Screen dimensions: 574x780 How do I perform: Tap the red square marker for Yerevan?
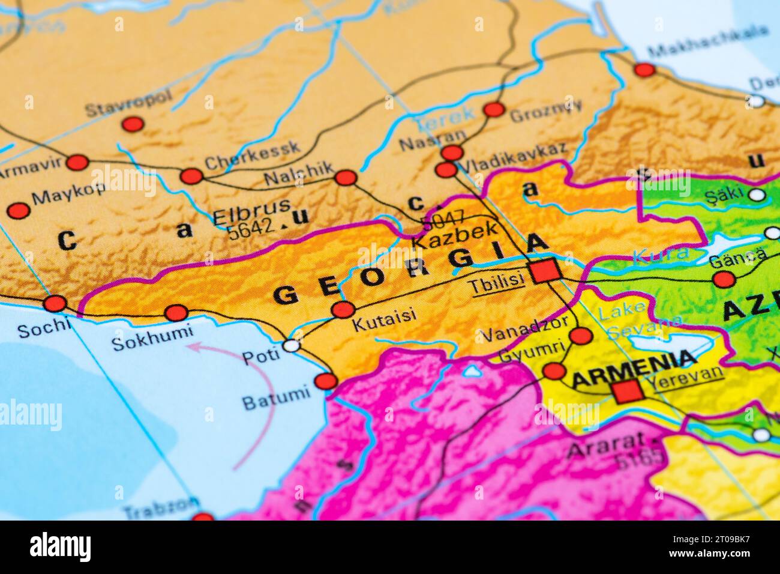click(x=628, y=392)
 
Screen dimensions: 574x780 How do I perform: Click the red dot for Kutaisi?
click(x=343, y=310)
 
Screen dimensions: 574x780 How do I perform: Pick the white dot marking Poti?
click(x=291, y=345)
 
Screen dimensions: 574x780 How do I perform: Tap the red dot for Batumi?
click(x=326, y=381)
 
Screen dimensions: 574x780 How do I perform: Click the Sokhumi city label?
click(x=152, y=337)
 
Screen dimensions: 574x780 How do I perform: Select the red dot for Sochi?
click(x=55, y=303)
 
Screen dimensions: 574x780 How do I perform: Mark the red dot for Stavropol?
click(x=133, y=124)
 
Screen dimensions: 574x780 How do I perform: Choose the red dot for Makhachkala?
click(x=644, y=70)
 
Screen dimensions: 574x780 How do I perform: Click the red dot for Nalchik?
click(x=345, y=177)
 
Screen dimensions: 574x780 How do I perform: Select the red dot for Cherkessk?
click(x=191, y=176)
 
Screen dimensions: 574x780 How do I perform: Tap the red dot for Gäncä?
click(x=724, y=279)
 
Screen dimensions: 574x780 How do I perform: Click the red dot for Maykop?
click(x=19, y=210)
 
